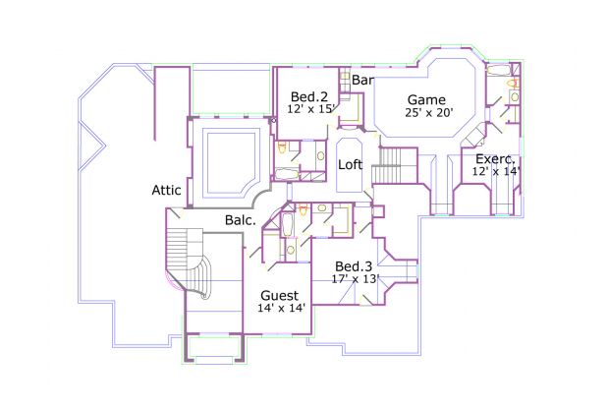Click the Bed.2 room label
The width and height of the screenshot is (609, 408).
(308, 96)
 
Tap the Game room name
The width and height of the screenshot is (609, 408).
(426, 99)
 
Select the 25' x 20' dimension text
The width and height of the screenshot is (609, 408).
(428, 112)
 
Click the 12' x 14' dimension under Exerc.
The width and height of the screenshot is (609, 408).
(496, 171)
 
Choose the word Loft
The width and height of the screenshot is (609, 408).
(351, 165)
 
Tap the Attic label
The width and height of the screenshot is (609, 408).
(167, 190)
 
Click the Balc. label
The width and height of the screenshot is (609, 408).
(241, 220)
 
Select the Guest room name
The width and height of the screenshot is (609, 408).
(279, 295)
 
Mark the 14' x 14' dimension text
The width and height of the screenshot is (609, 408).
(283, 308)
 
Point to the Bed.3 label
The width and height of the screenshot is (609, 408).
(354, 266)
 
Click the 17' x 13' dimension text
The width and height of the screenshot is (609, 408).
(357, 278)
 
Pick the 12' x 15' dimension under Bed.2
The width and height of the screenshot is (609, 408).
(313, 109)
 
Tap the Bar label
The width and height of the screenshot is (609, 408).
(362, 79)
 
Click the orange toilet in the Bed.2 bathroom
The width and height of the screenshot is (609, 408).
(283, 148)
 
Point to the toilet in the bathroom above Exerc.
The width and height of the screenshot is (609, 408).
(512, 86)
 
